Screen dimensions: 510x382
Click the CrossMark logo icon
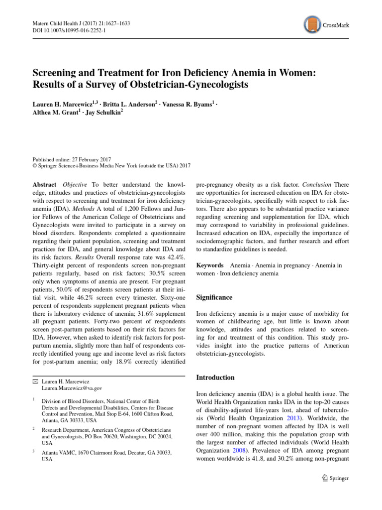(x=311, y=24)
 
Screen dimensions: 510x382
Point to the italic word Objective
(x=76, y=184)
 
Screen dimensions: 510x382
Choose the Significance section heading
(x=214, y=297)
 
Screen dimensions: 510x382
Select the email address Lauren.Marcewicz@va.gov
(x=72, y=387)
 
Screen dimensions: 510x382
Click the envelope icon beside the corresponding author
(x=34, y=381)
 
